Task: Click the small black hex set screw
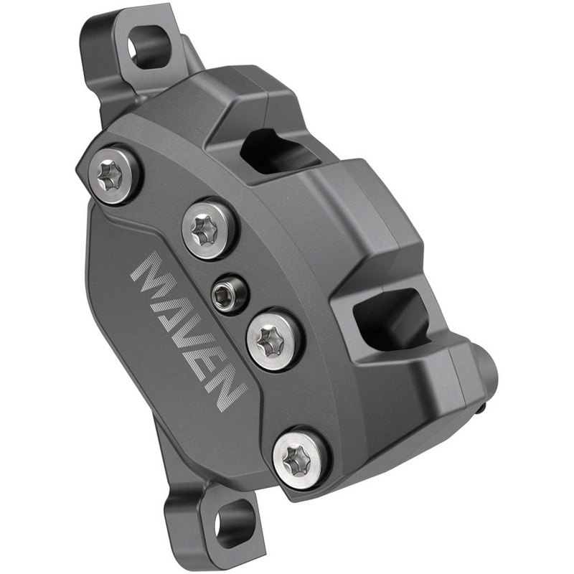(x=229, y=291)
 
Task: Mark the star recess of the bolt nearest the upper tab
(x=110, y=174)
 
